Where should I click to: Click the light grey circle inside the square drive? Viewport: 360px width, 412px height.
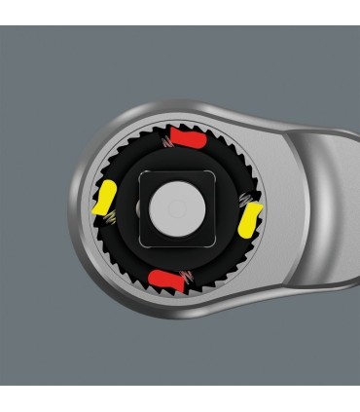pos(174,208)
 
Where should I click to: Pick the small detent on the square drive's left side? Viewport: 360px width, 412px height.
pos(138,209)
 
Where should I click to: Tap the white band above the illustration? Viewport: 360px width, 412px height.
pos(180,13)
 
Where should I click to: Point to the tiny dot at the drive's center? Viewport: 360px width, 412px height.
pos(174,208)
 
